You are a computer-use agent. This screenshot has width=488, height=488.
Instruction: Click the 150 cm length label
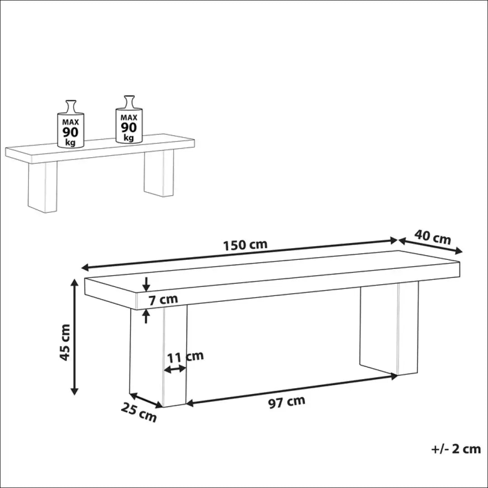[x=245, y=245]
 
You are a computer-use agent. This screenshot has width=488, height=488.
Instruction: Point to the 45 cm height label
[x=66, y=342]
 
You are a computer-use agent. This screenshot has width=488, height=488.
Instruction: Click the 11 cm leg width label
[x=185, y=357]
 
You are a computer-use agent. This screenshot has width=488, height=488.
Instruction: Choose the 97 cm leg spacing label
[x=286, y=401]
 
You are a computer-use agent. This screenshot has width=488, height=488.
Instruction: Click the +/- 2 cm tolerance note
[x=455, y=449]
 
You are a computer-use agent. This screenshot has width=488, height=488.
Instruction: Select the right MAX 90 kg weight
[x=128, y=121]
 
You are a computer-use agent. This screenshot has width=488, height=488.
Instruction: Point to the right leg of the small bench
[x=159, y=173]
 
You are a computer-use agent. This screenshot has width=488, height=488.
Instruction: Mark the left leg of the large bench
[x=158, y=357]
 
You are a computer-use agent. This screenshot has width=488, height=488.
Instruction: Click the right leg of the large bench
[x=389, y=330]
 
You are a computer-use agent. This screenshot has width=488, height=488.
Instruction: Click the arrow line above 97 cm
[x=291, y=389]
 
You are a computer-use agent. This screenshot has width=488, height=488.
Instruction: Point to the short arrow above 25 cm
[x=146, y=400]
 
